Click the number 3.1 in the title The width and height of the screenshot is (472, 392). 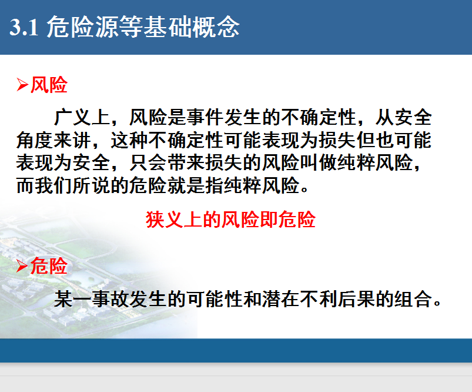tap(24, 27)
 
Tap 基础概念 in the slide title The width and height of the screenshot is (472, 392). tap(191, 27)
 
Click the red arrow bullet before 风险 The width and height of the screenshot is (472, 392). tap(22, 84)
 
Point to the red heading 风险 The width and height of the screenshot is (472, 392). tap(49, 84)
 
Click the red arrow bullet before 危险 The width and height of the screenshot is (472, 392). tap(22, 266)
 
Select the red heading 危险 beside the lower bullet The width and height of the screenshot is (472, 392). tap(49, 266)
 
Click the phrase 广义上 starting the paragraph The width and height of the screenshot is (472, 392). tap(82, 117)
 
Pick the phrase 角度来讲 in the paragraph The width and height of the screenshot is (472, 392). tap(53, 140)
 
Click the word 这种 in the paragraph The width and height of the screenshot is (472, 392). tap(129, 140)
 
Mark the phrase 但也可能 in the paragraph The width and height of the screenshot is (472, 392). tap(394, 140)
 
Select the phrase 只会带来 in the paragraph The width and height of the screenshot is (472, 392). tap(168, 162)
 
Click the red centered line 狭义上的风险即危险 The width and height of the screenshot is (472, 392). tap(230, 219)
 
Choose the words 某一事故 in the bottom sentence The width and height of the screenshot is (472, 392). tap(92, 299)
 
